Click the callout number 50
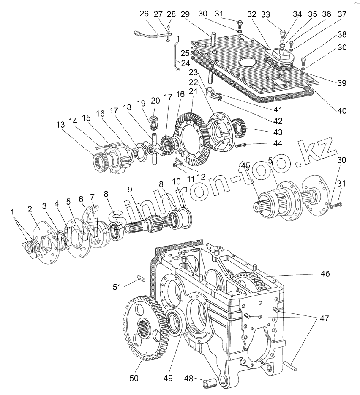click(x=134, y=378)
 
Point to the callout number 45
click(x=245, y=165)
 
